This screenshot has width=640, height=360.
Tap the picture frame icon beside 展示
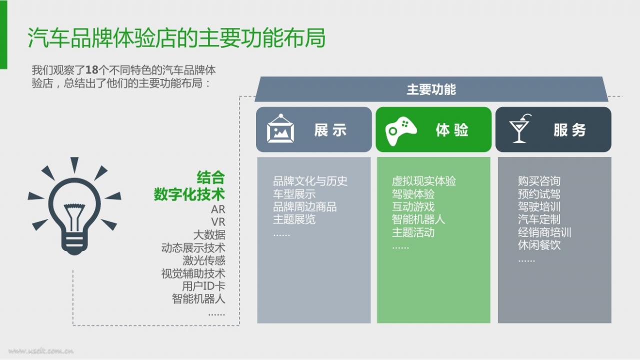tap(280, 128)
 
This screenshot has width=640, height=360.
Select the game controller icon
tap(401, 130)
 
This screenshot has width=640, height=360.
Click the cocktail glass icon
tap(520, 128)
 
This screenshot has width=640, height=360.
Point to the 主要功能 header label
tap(431, 89)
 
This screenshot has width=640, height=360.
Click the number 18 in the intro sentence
tap(91, 70)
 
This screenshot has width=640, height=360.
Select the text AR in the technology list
tap(218, 209)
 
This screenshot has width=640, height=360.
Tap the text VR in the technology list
tap(218, 222)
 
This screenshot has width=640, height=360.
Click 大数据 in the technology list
tap(209, 235)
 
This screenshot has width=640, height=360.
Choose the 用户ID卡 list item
tap(203, 286)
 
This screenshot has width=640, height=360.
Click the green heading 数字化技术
tap(189, 194)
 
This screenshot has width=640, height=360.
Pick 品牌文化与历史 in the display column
tap(310, 181)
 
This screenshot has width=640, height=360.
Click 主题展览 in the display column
tap(294, 219)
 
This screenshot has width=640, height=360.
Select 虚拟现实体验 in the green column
tap(424, 181)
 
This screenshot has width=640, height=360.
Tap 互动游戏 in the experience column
tap(413, 206)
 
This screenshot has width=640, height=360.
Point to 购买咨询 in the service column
tap(539, 181)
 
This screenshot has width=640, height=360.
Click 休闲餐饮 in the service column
tap(539, 245)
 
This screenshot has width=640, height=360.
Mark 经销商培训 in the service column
tap(544, 232)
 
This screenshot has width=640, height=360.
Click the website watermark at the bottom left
tap(41, 351)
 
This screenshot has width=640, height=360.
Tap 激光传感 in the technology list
tap(203, 260)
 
